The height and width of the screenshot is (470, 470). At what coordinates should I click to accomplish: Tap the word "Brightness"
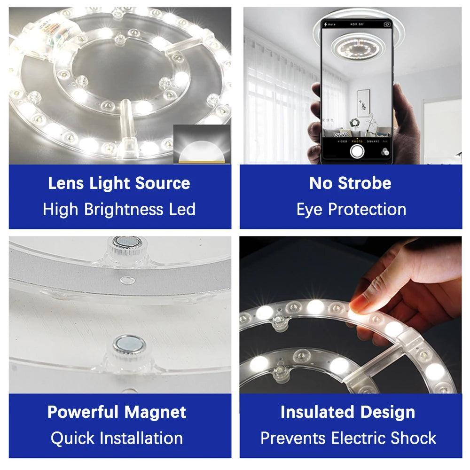124,209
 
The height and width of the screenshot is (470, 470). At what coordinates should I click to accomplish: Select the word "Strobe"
365,183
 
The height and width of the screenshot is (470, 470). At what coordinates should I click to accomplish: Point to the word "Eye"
310,210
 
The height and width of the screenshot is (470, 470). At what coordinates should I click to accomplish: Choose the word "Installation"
141,438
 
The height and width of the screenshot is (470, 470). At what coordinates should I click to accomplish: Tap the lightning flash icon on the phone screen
325,24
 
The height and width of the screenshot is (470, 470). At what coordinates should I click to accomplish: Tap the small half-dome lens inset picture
202,144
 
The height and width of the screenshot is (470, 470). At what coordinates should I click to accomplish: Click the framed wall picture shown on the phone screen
363,103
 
